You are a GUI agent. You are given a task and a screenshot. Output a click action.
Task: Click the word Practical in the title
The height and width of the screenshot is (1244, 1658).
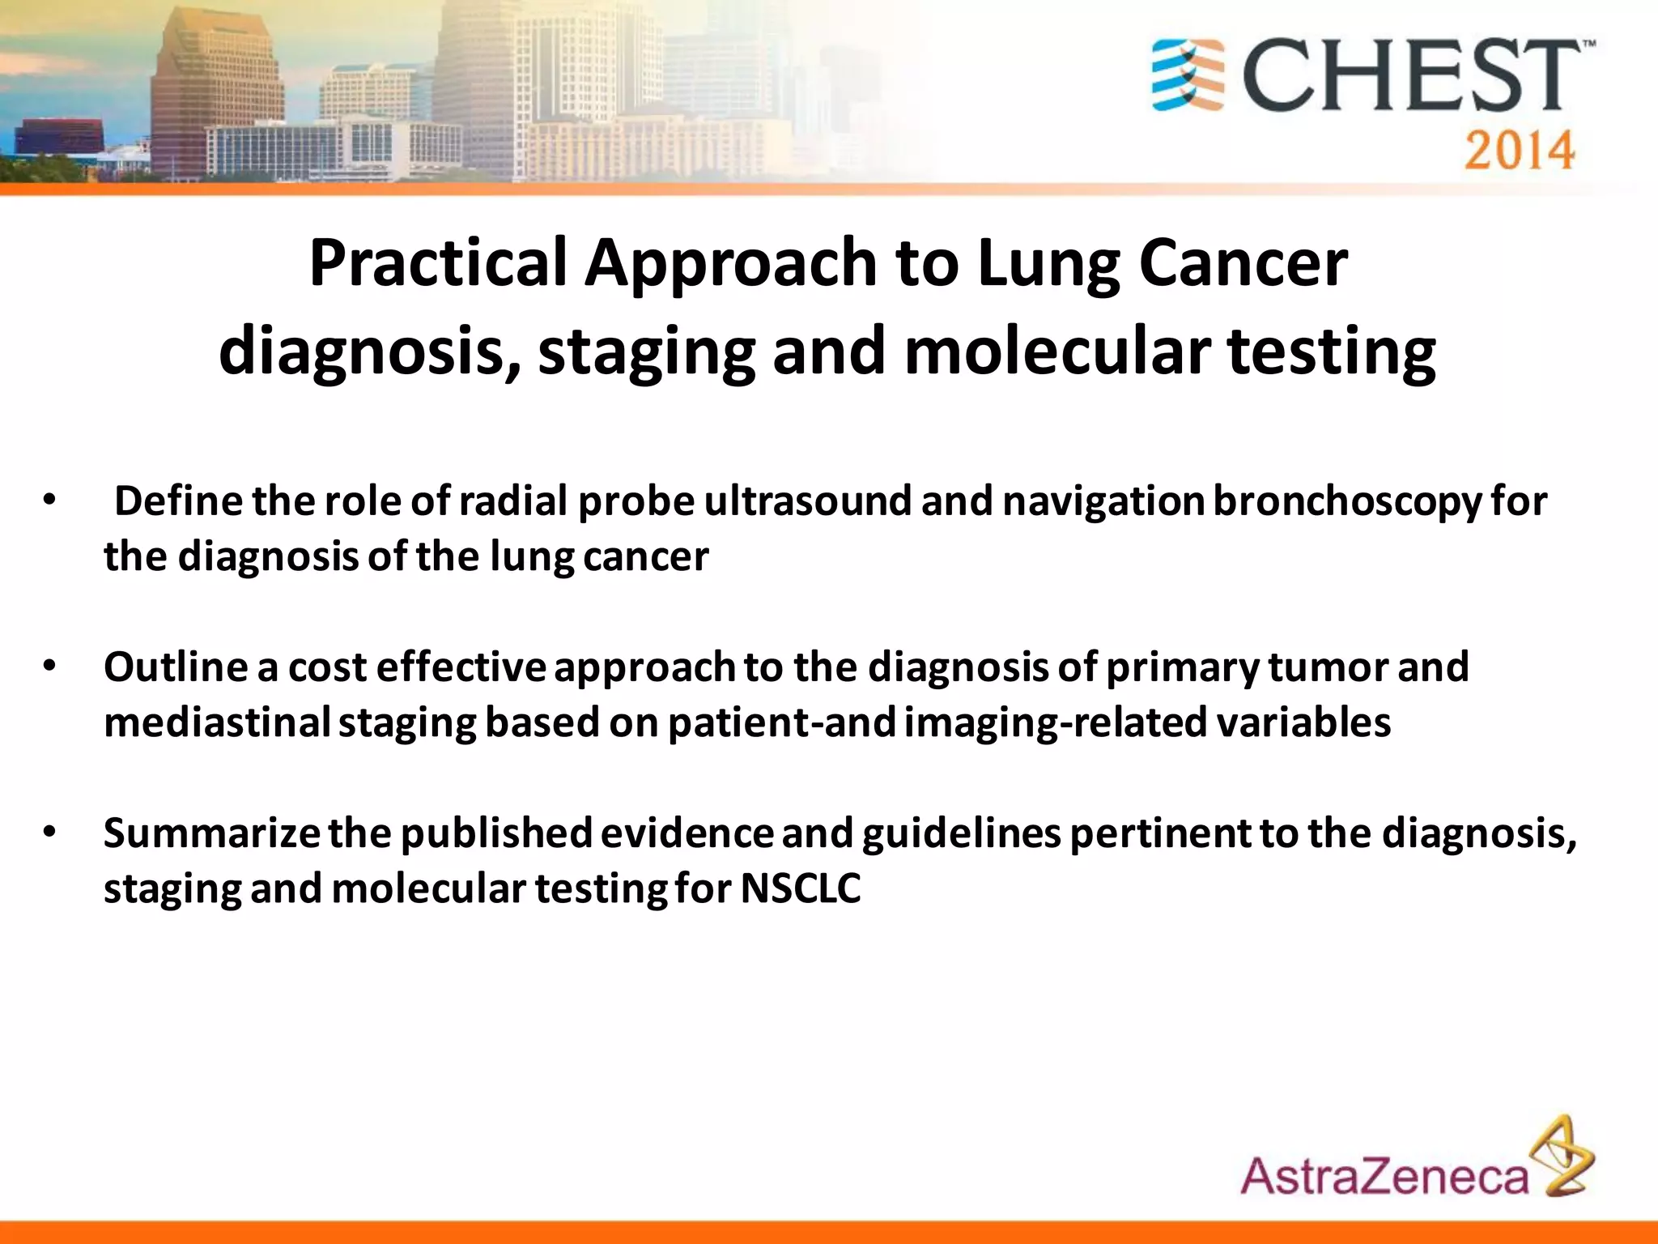[437, 263]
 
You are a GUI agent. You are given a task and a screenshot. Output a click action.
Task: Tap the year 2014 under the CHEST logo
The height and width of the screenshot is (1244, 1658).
[1519, 151]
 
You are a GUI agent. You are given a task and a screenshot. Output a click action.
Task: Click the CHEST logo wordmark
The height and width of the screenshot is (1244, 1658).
[1413, 77]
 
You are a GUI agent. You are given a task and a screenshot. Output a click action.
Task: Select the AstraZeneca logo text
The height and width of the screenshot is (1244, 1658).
[1384, 1176]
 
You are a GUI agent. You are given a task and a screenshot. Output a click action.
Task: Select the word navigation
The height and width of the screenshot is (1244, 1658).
[1103, 501]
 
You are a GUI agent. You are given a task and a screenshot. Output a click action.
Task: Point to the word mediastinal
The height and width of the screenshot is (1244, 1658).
[217, 722]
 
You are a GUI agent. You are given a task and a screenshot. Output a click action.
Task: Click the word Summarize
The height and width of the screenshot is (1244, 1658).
[211, 833]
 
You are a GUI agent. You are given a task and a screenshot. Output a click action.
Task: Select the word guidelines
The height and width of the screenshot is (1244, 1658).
[961, 833]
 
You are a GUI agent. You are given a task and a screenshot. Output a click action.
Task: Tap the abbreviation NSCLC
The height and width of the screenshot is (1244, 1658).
[800, 888]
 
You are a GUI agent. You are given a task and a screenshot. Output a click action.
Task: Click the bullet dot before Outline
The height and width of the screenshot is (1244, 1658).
[49, 667]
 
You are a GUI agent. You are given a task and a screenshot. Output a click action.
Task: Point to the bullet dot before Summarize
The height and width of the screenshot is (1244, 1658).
[49, 833]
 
